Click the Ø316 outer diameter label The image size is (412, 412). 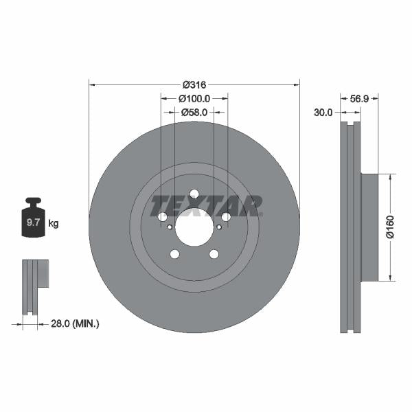(x=194, y=84)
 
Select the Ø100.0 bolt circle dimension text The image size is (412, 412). (x=194, y=99)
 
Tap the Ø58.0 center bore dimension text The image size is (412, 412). (x=194, y=111)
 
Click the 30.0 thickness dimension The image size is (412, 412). (x=323, y=112)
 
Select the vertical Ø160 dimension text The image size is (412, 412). (x=389, y=228)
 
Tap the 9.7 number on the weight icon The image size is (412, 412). (x=32, y=223)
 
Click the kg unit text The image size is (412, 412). (x=54, y=223)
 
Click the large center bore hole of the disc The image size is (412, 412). (x=194, y=225)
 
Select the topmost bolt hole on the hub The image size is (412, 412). (x=194, y=194)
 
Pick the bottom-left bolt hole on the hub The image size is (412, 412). (x=174, y=254)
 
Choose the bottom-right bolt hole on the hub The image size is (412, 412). (x=214, y=254)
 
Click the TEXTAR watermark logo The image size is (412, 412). (x=206, y=205)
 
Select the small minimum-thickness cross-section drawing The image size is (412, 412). (x=34, y=285)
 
